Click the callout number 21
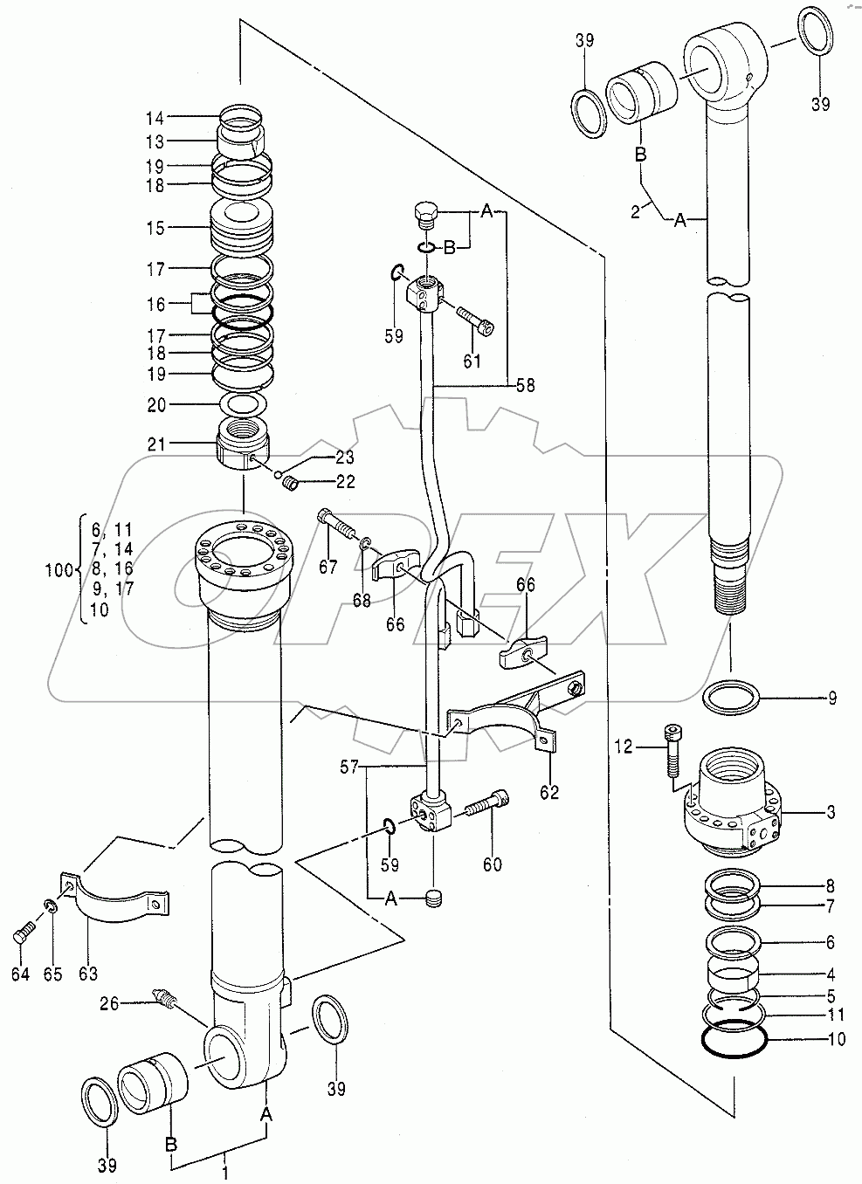pos(156,444)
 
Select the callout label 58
pos(525,385)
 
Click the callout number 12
pos(624,747)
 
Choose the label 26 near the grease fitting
pos(109,1003)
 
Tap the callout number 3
pos(831,811)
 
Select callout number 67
pos(328,567)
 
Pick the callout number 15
pos(156,228)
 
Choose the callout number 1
pos(224,1173)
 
